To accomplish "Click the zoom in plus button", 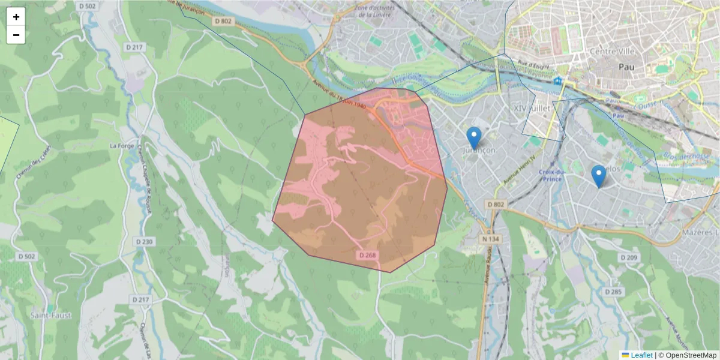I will [16, 17].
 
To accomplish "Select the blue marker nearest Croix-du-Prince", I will [598, 176].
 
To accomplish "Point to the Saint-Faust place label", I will [51, 315].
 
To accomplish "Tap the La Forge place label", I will [121, 145].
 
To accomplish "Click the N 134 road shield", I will [490, 239].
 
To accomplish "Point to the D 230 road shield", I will [145, 242].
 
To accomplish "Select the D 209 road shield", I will [628, 257].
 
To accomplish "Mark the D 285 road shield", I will [614, 292].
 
